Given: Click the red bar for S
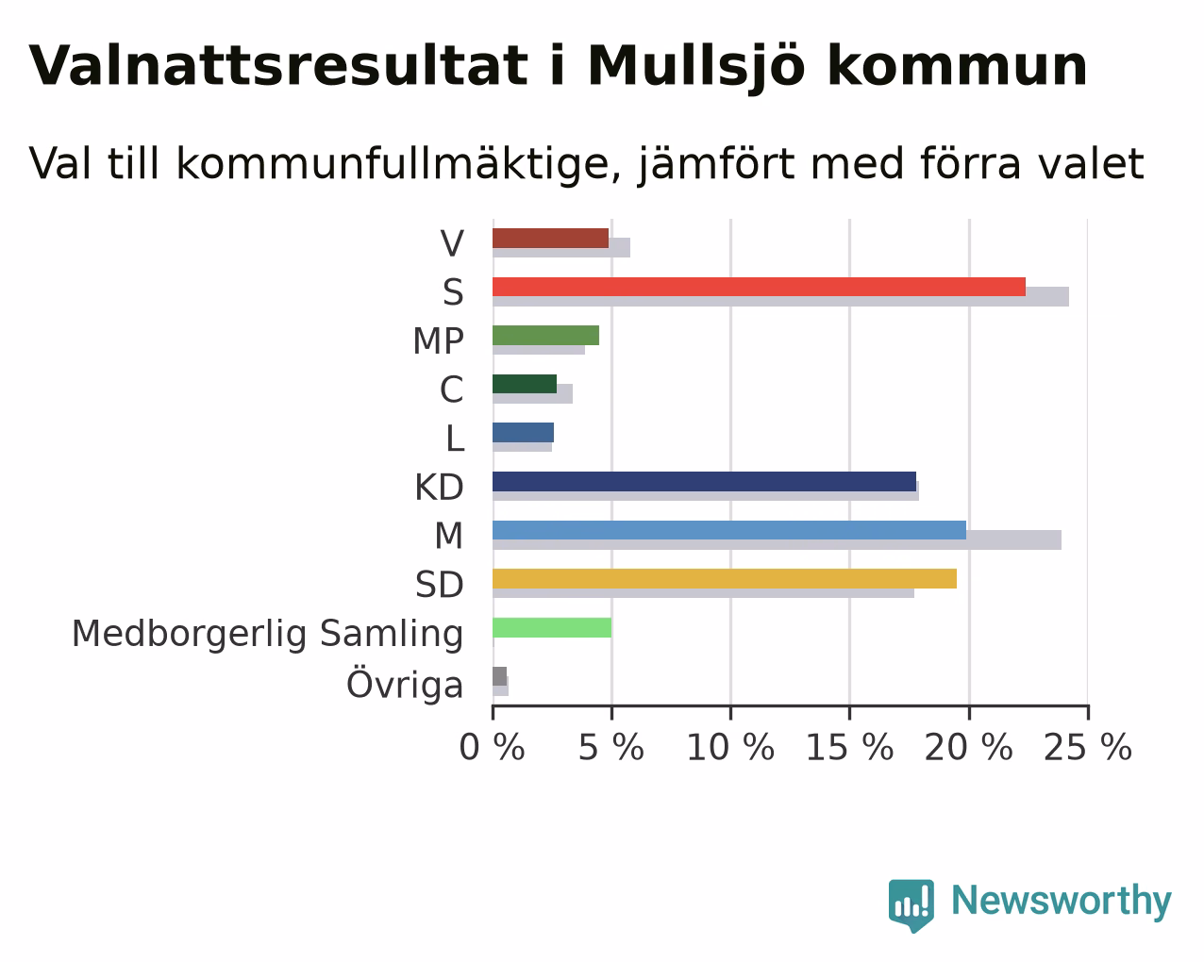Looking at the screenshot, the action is point(759,287).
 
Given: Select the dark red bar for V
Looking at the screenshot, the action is point(550,239).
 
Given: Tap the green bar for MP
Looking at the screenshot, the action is point(545,336).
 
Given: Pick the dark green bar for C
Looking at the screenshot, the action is point(525,384).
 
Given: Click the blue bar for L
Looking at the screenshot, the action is point(523,433).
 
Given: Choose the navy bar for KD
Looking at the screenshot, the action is point(705,482).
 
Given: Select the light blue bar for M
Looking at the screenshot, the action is point(729,530).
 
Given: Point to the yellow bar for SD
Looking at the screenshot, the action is point(725,579).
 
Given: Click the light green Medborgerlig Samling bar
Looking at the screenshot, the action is point(552,627).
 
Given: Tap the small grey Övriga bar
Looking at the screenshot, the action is point(499,676).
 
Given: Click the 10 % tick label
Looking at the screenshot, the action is point(730,748).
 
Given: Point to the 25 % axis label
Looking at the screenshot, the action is point(1088,748).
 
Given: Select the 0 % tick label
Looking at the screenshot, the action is point(493,748).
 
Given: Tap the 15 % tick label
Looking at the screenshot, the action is point(850,748).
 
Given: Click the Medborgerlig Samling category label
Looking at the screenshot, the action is point(267,635).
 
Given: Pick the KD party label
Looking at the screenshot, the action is point(439,488).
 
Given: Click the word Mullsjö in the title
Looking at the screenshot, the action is point(696,67).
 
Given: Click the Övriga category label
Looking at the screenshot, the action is point(405,683).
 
